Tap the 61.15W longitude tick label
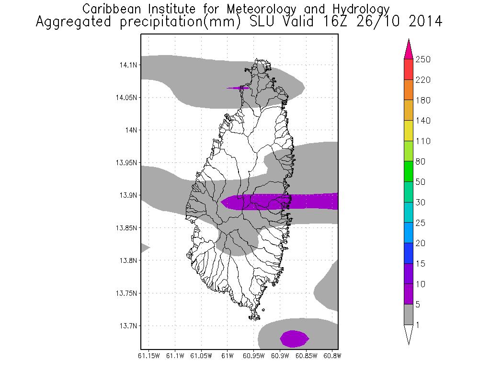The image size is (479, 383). click(x=148, y=356)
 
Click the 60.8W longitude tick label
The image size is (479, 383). click(x=332, y=356)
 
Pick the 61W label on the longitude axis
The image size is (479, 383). click(x=228, y=356)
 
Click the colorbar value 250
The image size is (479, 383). click(x=423, y=59)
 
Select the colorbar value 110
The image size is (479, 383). click(x=423, y=141)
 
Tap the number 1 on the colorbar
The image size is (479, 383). click(x=418, y=325)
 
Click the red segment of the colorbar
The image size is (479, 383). click(x=408, y=69)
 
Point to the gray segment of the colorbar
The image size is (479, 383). click(x=408, y=315)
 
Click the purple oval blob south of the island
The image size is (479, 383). click(x=294, y=338)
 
